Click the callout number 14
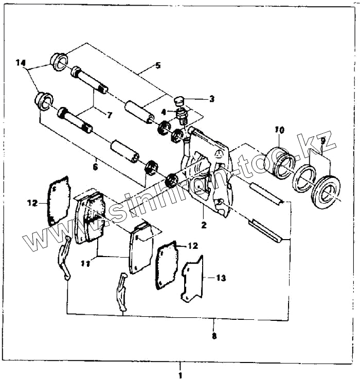click(x=20, y=63)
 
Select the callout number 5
click(x=157, y=65)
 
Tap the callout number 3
click(x=197, y=98)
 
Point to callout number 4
click(x=164, y=112)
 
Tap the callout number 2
click(x=204, y=225)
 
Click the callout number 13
click(x=221, y=278)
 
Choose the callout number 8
click(x=214, y=336)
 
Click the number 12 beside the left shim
click(x=33, y=203)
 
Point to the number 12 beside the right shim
click(x=192, y=246)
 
